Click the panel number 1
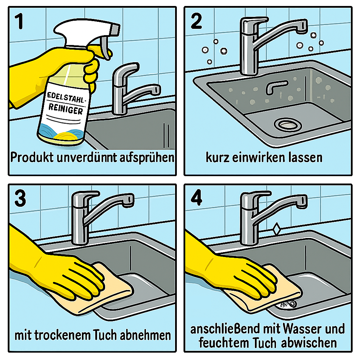tap(19, 21)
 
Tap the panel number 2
tap(196, 21)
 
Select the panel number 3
tap(20, 199)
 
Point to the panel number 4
tap(197, 198)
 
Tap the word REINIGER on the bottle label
tap(65, 109)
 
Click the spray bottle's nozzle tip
tap(115, 30)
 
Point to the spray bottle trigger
tap(105, 48)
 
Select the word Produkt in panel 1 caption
tap(32, 157)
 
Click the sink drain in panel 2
tap(288, 125)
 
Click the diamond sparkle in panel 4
tap(277, 229)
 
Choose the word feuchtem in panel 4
tap(224, 343)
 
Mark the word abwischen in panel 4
tap(309, 343)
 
